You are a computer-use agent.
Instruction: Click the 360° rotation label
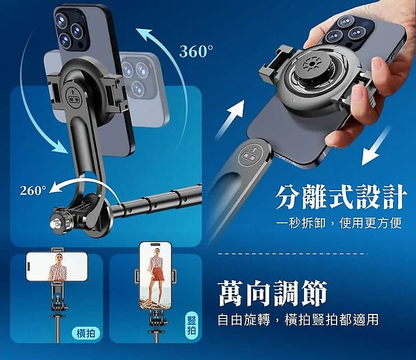pos(196,51)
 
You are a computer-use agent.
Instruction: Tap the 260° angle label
pos(33,190)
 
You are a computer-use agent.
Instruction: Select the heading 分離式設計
pos(341,197)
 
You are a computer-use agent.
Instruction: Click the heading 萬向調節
pos(272,293)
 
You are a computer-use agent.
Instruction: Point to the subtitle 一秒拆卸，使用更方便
pos(339,223)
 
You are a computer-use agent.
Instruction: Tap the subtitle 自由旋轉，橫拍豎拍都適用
pos(298,319)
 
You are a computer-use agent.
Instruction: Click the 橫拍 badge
pos(86,333)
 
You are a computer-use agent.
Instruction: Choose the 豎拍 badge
pos(191,326)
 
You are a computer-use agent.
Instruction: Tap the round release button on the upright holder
pos(74,97)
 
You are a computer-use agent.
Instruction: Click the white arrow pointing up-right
pos(230,119)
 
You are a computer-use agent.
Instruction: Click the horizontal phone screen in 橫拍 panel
pos(57,266)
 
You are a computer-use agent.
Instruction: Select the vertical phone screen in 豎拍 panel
pos(155,276)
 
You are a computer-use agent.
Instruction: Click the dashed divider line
pos(292,254)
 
